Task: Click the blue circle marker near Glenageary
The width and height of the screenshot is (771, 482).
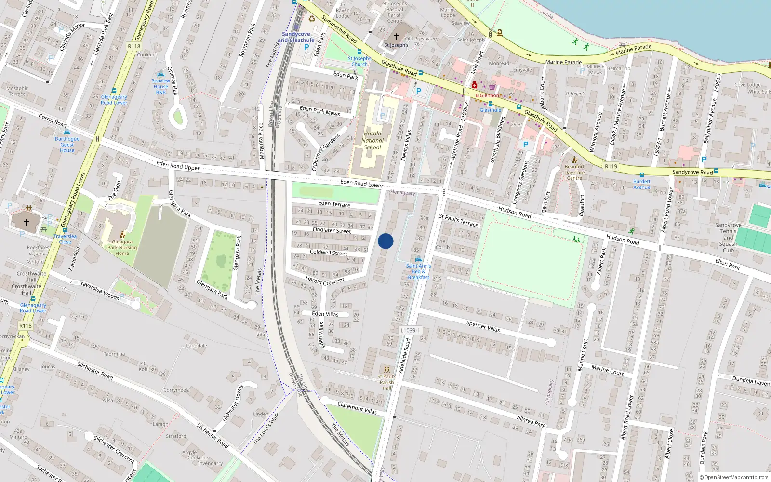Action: pyautogui.click(x=385, y=241)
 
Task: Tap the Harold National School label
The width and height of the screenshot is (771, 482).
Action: pyautogui.click(x=372, y=141)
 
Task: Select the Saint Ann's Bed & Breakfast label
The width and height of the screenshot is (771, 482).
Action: pyautogui.click(x=418, y=271)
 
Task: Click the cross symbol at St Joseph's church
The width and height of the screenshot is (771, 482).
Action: pyautogui.click(x=397, y=37)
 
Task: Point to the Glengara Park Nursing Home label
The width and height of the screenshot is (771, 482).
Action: pyautogui.click(x=122, y=247)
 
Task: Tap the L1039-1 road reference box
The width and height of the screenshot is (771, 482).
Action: pyautogui.click(x=410, y=330)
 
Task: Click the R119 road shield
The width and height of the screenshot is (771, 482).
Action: pyautogui.click(x=611, y=166)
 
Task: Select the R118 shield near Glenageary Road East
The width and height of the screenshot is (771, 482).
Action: pyautogui.click(x=134, y=46)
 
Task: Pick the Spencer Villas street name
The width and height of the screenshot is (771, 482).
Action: pyautogui.click(x=483, y=326)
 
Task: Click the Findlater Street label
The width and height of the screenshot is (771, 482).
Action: pyautogui.click(x=332, y=230)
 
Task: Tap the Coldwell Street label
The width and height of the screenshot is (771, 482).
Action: pyautogui.click(x=328, y=252)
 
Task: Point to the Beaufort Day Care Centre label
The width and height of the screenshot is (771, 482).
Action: pyautogui.click(x=574, y=172)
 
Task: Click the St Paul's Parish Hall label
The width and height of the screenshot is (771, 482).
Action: pyautogui.click(x=386, y=382)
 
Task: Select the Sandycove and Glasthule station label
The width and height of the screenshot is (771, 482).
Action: pyautogui.click(x=296, y=37)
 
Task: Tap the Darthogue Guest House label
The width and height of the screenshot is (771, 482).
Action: pyautogui.click(x=67, y=145)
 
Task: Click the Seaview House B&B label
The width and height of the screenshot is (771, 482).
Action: pyautogui.click(x=161, y=86)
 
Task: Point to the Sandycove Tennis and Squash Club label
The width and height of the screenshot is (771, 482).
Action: pyautogui.click(x=728, y=237)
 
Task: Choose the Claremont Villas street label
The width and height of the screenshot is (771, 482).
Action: pyautogui.click(x=357, y=408)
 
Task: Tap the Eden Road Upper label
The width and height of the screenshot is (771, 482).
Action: pyautogui.click(x=178, y=165)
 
